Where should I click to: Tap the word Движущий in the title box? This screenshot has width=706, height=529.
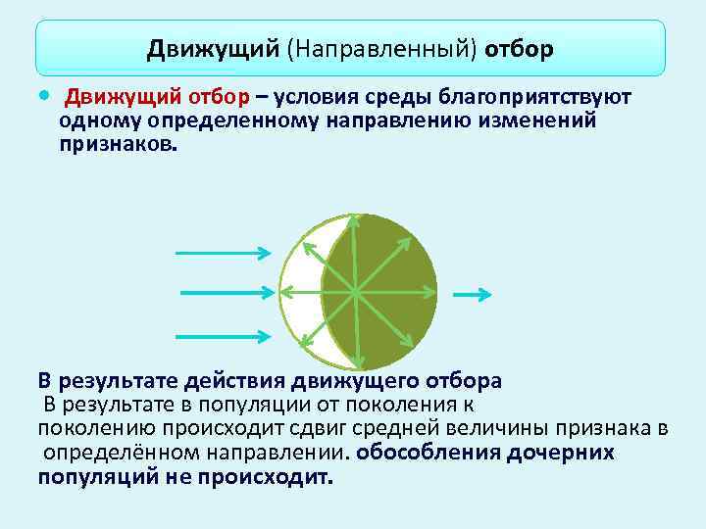tap(214, 48)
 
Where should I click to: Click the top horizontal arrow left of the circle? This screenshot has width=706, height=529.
tap(223, 253)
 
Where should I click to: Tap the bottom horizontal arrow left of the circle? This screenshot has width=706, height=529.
tap(223, 330)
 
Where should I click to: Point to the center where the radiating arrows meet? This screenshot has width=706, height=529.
tap(355, 291)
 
